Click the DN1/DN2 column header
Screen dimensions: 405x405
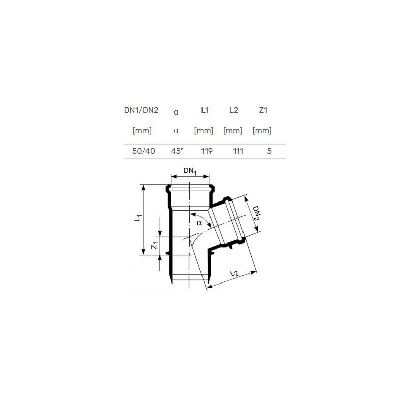(x=141, y=110)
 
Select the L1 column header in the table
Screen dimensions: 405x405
(x=205, y=110)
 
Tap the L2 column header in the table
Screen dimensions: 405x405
(x=234, y=110)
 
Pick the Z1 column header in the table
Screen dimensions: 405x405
(x=263, y=110)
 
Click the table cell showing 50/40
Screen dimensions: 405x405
(x=144, y=151)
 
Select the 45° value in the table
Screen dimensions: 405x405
(x=177, y=151)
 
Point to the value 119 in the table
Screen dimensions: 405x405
(x=207, y=151)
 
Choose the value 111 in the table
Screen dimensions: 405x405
(x=238, y=151)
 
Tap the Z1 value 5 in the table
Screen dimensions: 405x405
(x=269, y=151)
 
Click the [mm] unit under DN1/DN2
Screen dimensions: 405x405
(x=142, y=131)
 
